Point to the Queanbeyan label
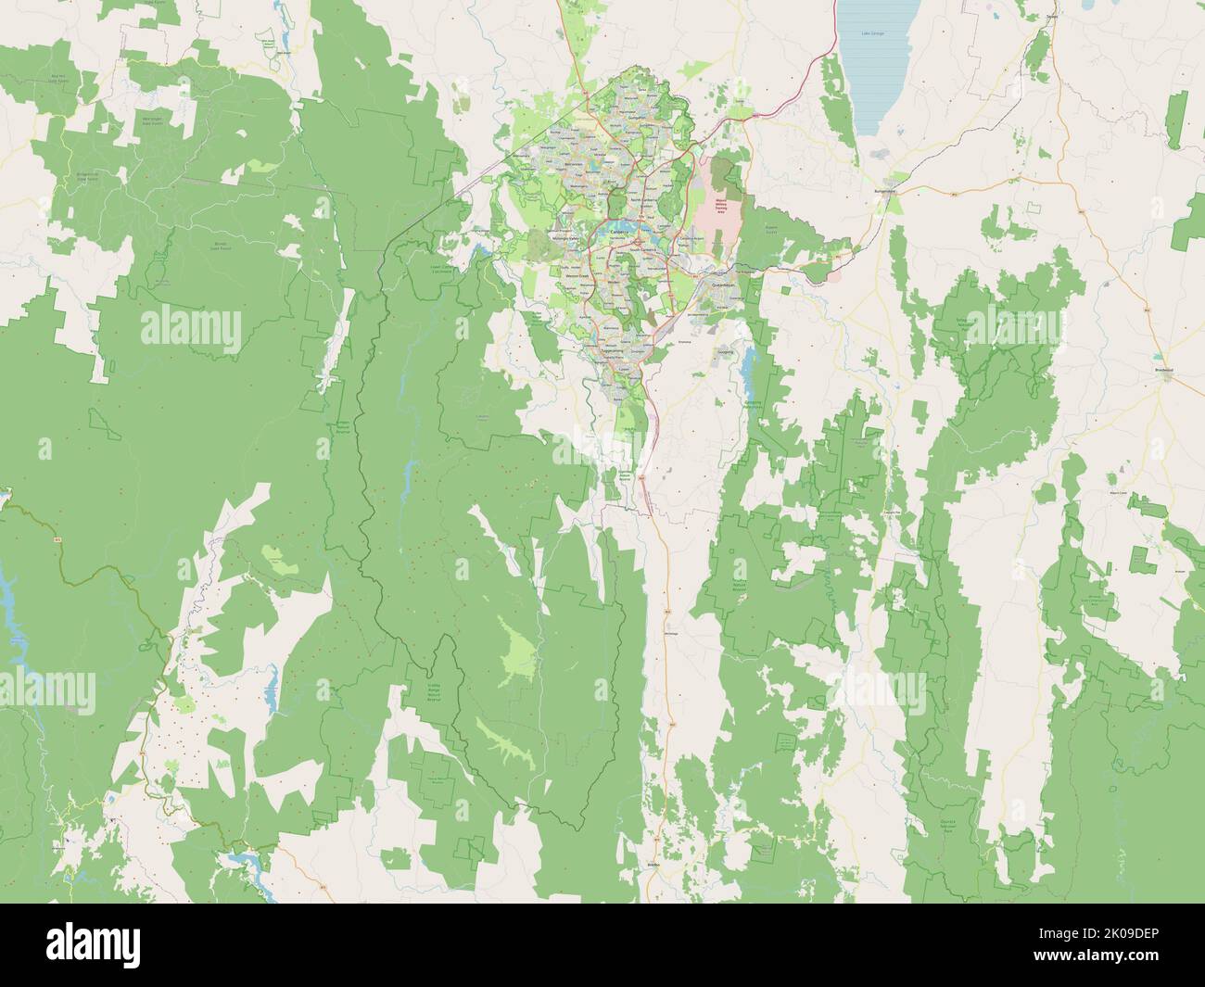[x=721, y=285]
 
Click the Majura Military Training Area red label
[x=720, y=205]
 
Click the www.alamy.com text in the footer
[x=1095, y=964]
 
